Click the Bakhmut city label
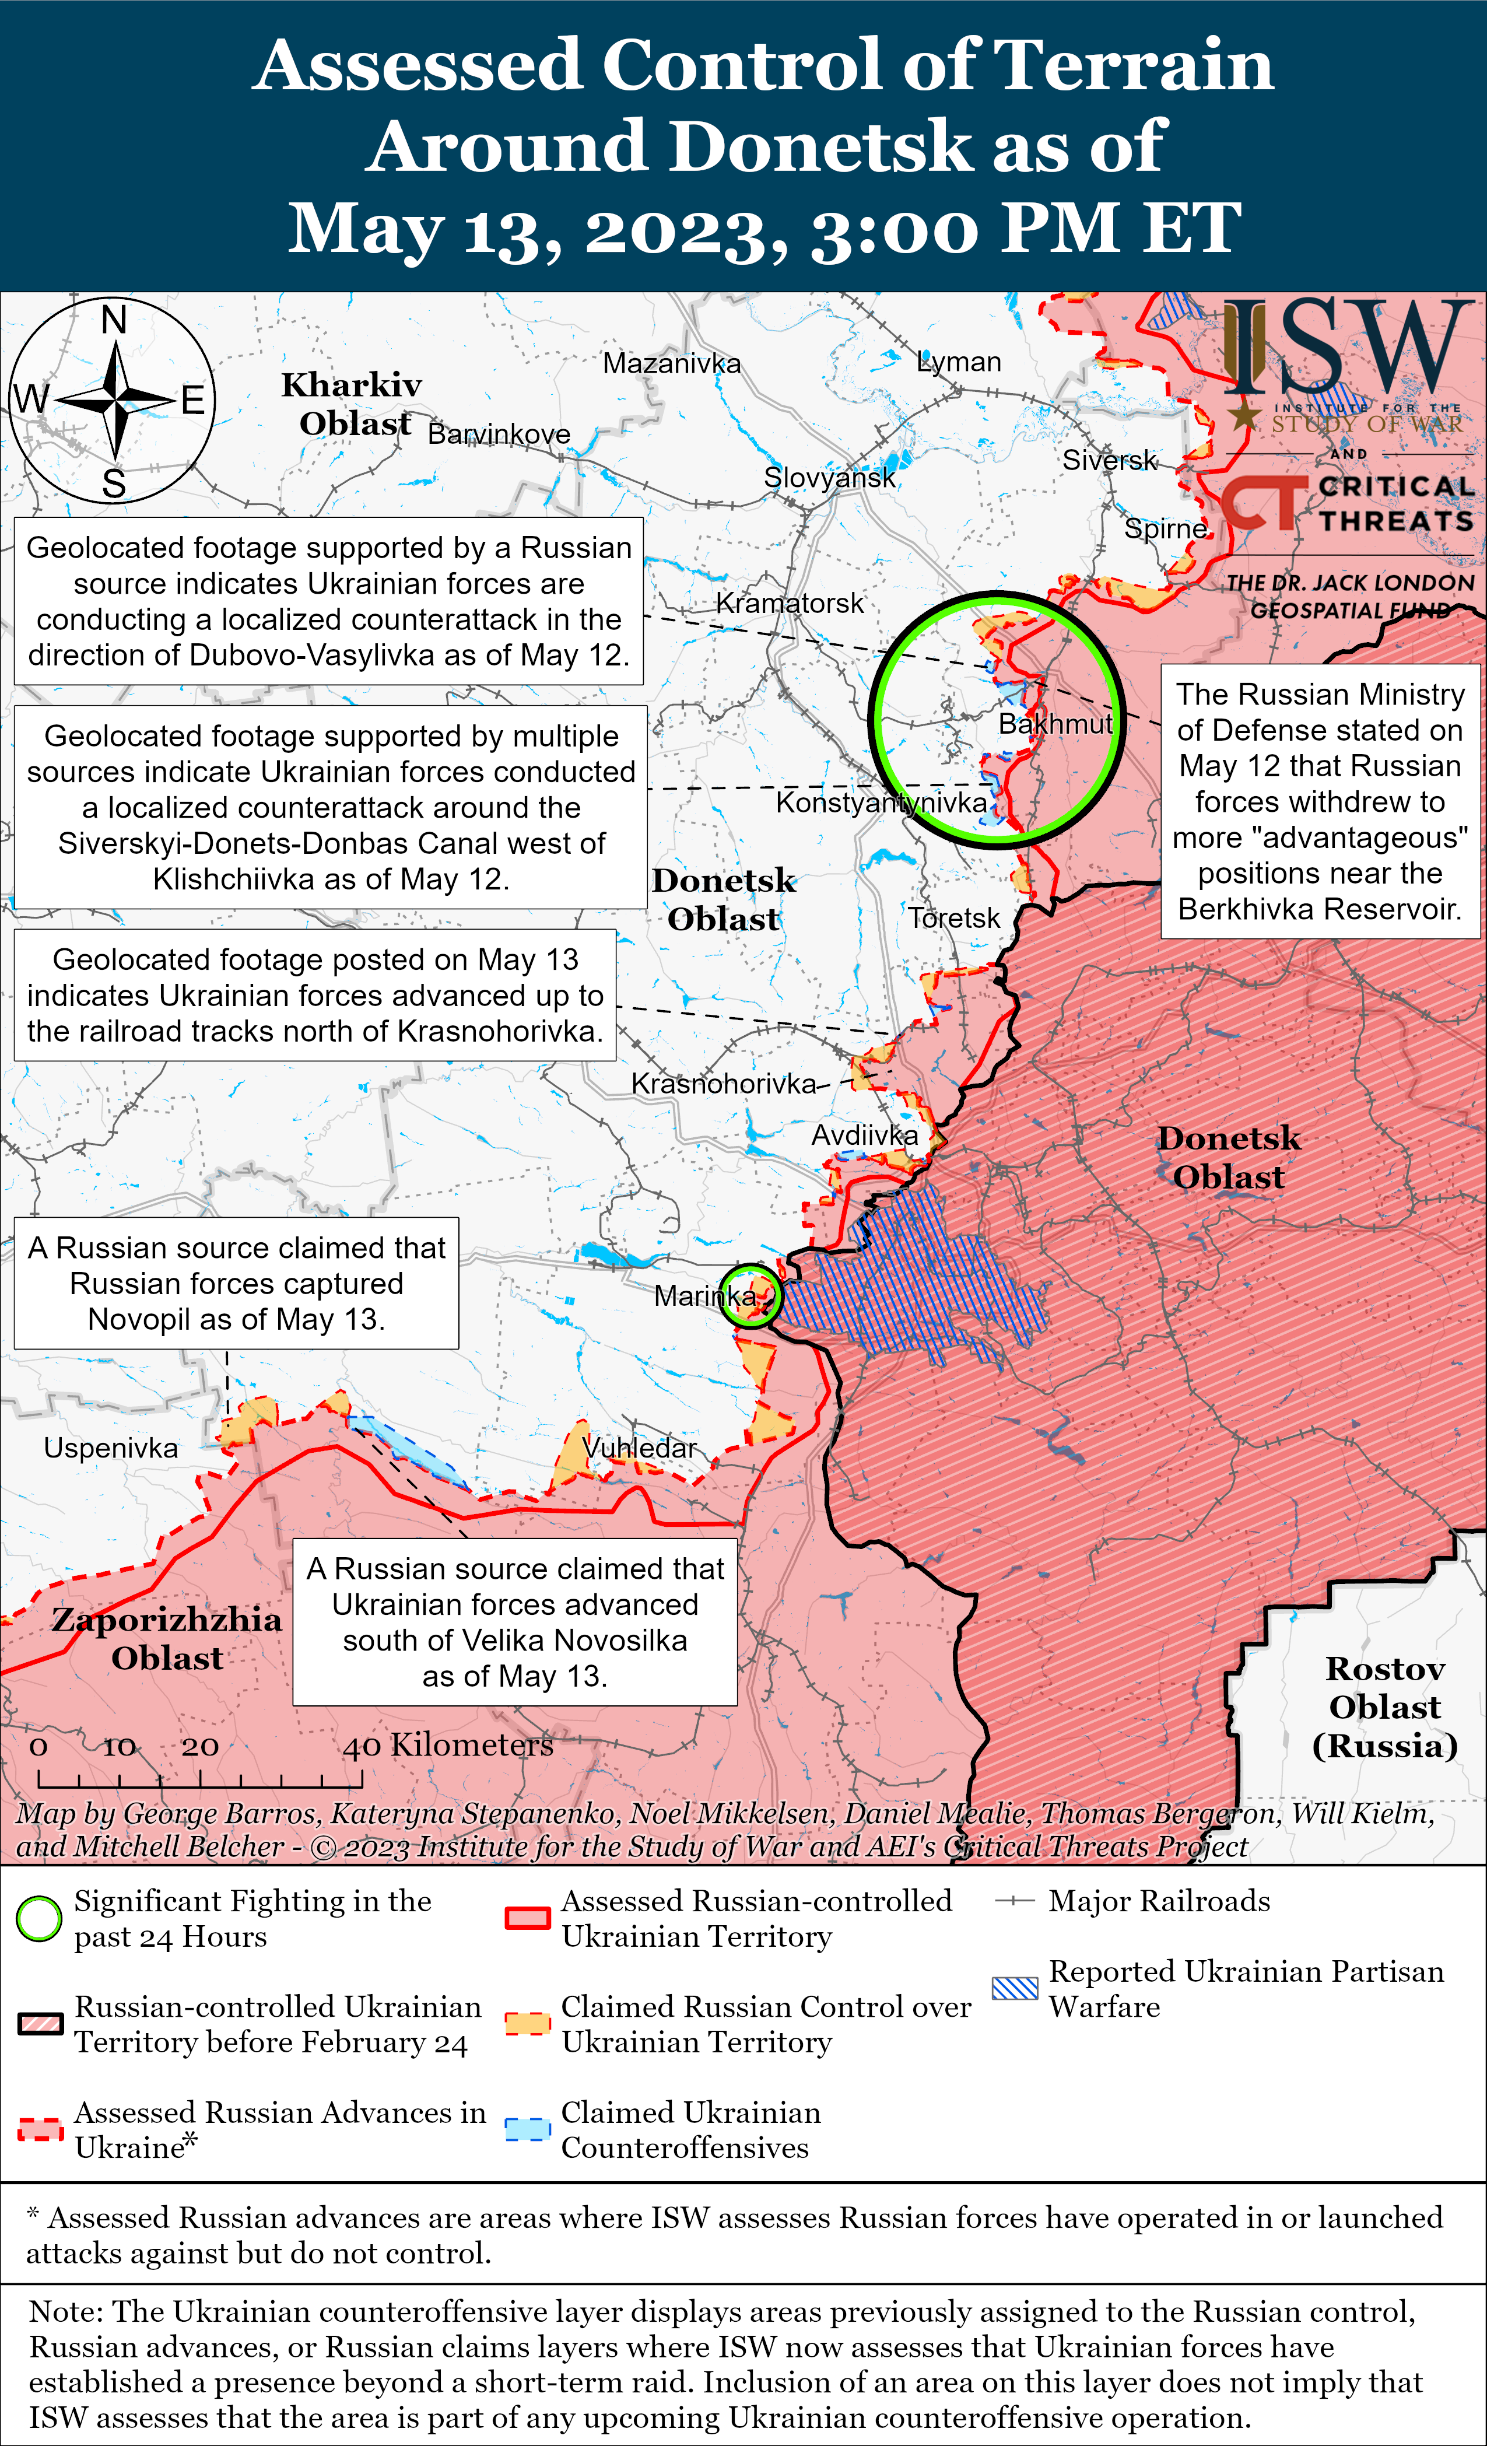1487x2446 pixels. click(x=1055, y=724)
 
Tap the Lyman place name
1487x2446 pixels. click(x=959, y=362)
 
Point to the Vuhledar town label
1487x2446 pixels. click(x=640, y=1448)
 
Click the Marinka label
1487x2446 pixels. click(x=704, y=1295)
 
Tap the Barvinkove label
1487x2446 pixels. click(x=499, y=434)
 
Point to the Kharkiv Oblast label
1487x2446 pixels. click(x=352, y=404)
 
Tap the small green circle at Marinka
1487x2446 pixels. click(x=750, y=1295)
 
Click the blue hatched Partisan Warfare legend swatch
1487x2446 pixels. click(x=1015, y=1988)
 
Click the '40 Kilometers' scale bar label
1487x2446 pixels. click(x=448, y=1744)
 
